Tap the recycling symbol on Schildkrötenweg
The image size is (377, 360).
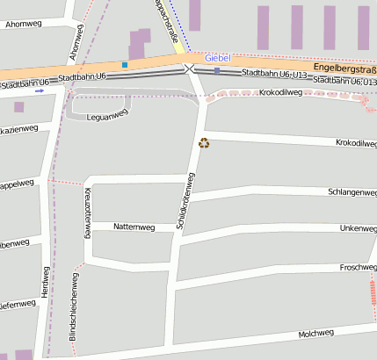click(204, 142)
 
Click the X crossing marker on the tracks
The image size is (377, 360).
click(188, 68)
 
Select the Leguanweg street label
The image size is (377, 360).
click(107, 116)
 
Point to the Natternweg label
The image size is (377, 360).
click(134, 227)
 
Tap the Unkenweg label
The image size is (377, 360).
click(357, 228)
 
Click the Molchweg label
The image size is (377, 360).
click(316, 333)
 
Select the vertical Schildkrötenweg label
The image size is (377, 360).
click(185, 201)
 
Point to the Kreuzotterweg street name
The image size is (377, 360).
click(88, 212)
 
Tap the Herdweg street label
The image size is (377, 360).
click(44, 281)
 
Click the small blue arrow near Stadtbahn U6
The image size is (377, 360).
click(40, 90)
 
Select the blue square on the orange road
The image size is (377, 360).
click(125, 65)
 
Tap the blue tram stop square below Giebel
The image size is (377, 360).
click(216, 70)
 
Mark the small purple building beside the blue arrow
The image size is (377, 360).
click(18, 107)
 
